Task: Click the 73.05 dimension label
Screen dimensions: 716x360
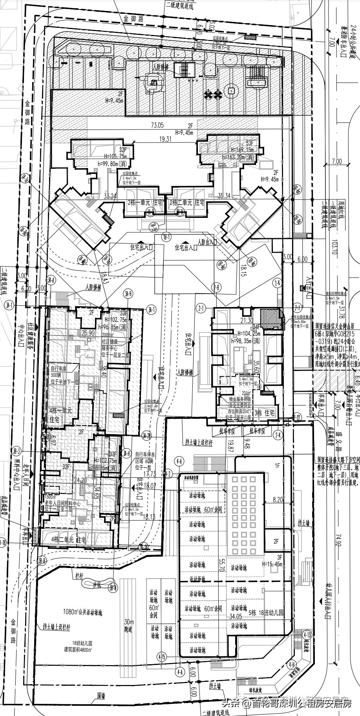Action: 157,125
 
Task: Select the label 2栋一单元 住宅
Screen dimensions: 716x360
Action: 145,203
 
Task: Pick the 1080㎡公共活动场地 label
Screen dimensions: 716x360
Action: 82,612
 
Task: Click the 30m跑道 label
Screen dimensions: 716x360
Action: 129,626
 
